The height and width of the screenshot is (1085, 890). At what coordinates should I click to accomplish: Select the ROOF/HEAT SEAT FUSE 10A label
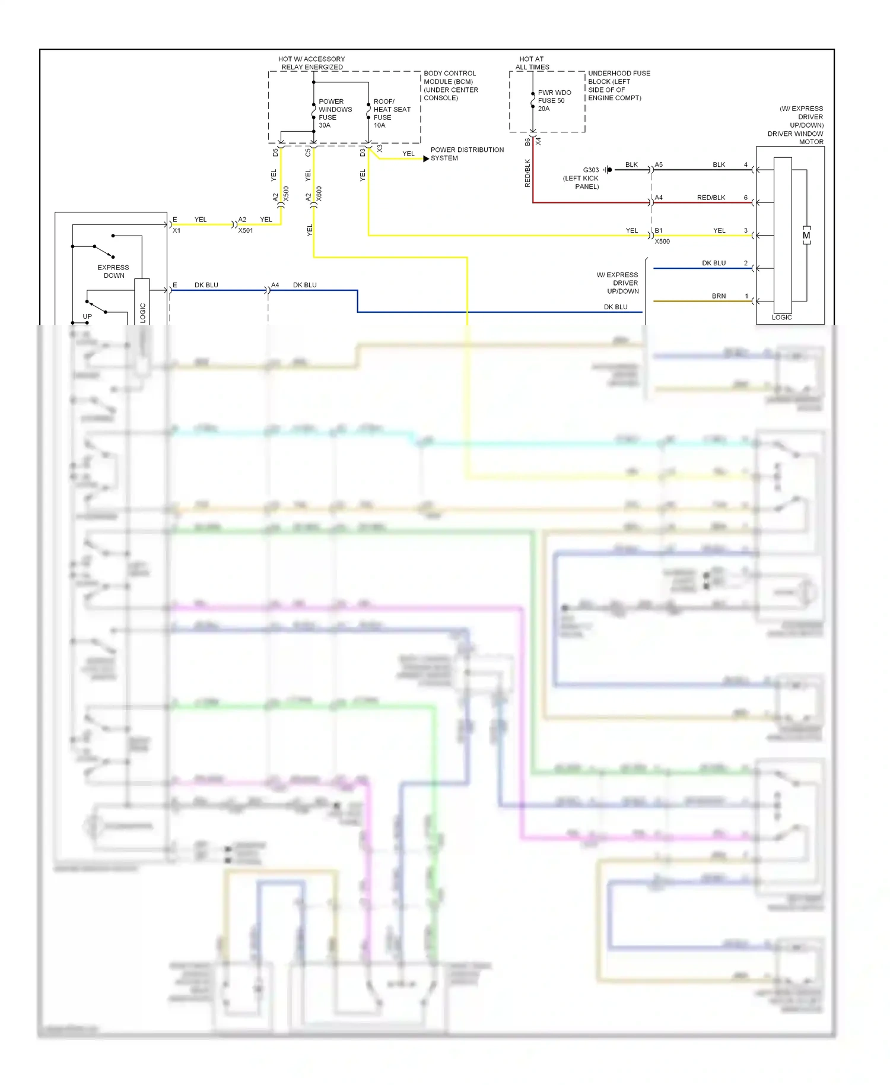click(x=391, y=113)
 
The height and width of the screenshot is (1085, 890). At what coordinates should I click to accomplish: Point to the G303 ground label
click(x=590, y=170)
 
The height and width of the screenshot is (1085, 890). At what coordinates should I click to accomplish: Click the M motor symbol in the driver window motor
click(x=806, y=236)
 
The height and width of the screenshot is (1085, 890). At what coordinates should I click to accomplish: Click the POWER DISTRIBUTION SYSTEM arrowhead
click(x=426, y=158)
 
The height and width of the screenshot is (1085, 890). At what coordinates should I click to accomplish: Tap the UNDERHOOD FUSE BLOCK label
click(x=619, y=85)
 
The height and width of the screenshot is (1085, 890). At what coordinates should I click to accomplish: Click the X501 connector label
click(x=246, y=231)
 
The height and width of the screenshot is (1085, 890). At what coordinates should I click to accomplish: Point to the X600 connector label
click(x=319, y=193)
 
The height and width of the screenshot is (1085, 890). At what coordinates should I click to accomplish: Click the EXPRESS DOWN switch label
click(x=113, y=271)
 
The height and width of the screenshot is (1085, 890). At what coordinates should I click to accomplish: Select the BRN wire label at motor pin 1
click(x=719, y=296)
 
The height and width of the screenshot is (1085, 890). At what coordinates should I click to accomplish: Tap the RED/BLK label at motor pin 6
click(x=711, y=198)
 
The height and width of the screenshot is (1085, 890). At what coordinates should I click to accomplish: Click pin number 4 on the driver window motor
click(x=746, y=165)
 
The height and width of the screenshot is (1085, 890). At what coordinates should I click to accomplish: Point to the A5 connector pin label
click(x=659, y=165)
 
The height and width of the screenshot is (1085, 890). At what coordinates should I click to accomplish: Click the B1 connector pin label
click(x=659, y=230)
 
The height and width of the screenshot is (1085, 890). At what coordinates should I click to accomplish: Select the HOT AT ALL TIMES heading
click(x=532, y=63)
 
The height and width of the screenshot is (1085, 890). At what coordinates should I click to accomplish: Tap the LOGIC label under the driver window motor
click(x=781, y=318)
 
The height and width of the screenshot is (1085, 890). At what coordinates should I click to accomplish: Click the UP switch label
click(x=87, y=316)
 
